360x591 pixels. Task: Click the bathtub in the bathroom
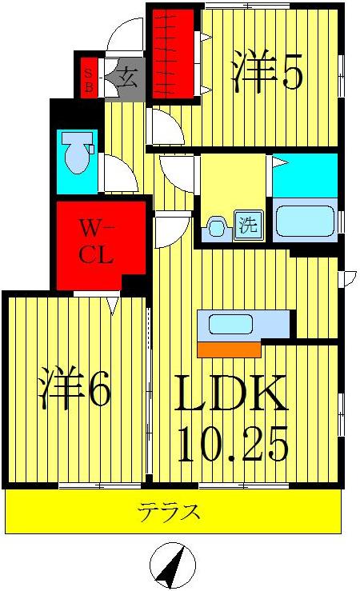306,219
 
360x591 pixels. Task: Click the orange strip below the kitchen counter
229,349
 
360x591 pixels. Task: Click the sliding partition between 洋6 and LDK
150,384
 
